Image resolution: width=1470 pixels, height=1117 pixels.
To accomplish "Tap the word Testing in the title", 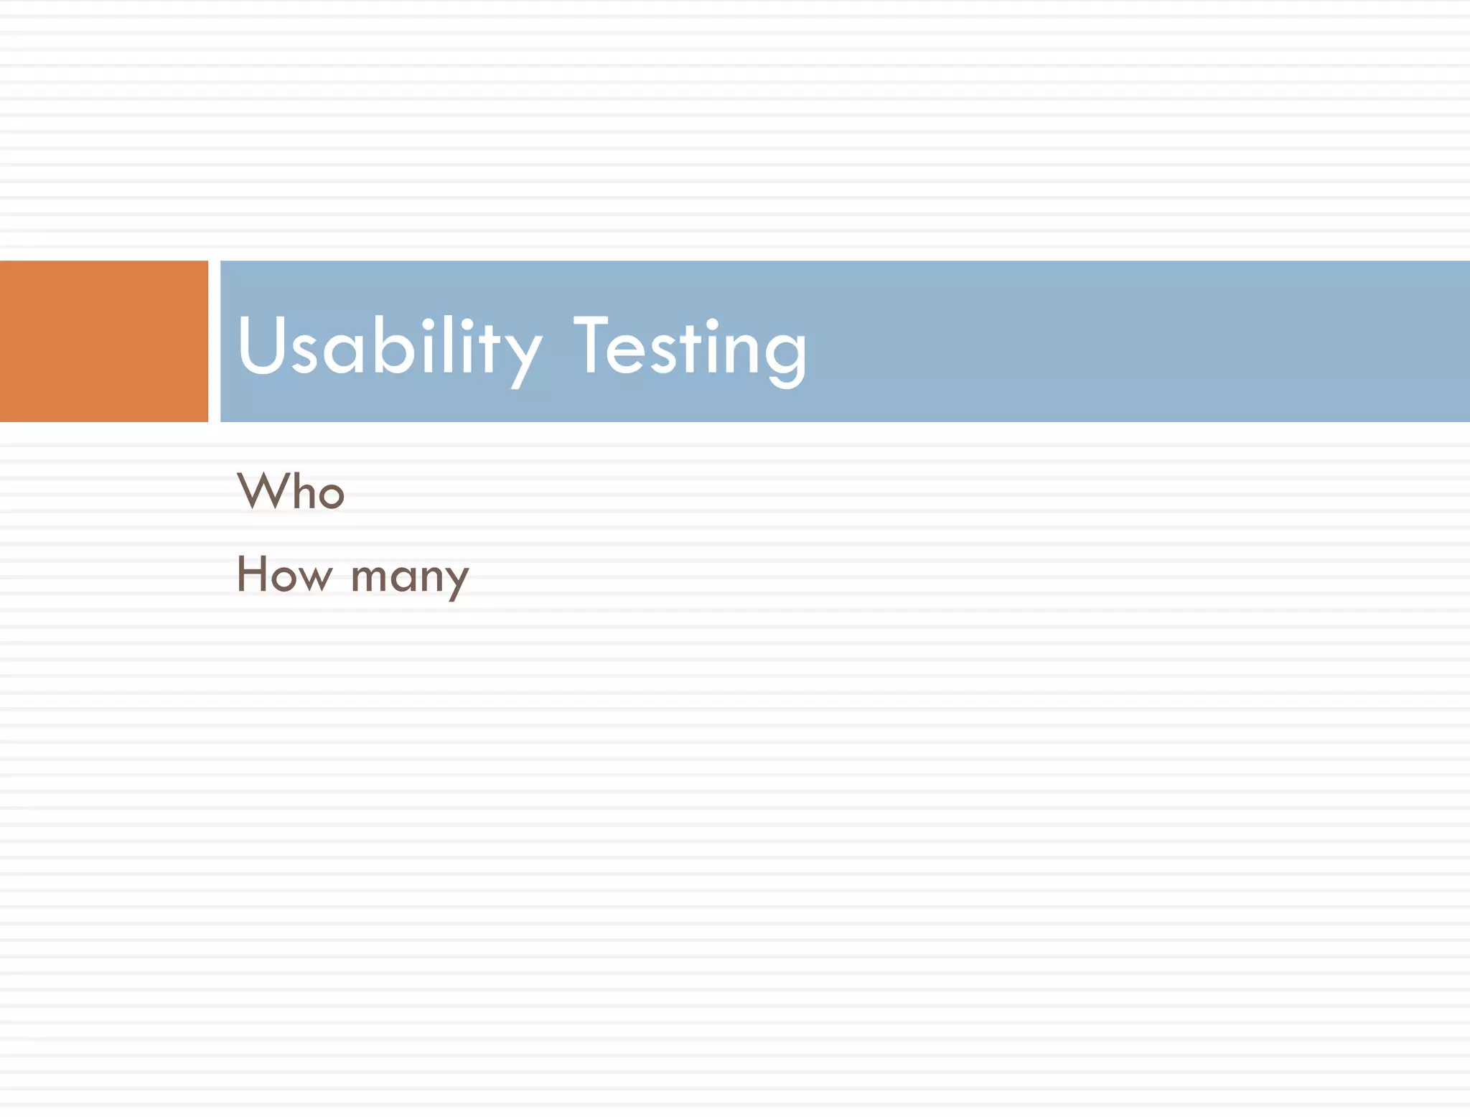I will [690, 347].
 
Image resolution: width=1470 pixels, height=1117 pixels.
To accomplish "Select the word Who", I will [291, 492].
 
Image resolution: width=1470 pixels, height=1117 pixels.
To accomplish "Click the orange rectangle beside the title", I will [103, 341].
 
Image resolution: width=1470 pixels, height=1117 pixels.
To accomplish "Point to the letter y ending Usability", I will [522, 355].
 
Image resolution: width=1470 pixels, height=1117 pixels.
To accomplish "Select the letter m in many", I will [370, 578].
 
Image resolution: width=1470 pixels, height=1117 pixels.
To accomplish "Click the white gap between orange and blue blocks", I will [214, 341].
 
